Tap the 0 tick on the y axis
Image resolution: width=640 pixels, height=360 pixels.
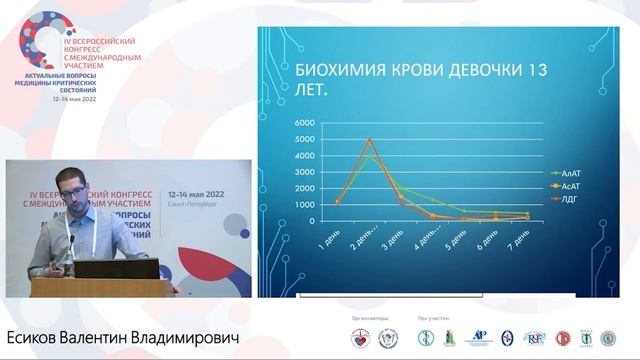(310, 221)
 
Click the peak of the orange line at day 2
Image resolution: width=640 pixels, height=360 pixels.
(370, 140)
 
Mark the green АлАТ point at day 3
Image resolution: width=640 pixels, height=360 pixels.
(401, 189)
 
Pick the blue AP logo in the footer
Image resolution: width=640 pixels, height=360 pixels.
(480, 338)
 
